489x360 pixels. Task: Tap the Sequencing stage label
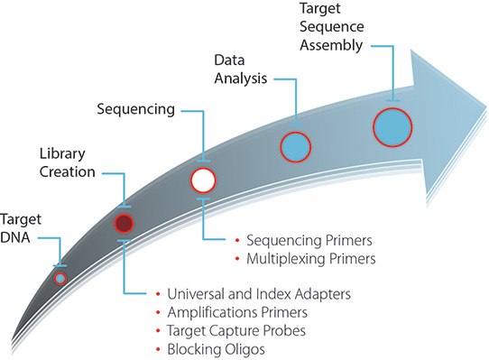(x=135, y=109)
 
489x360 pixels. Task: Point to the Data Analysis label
(x=241, y=69)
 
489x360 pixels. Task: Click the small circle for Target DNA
(x=60, y=278)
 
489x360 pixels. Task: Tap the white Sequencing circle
(x=204, y=180)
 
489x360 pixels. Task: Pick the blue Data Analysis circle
(x=296, y=145)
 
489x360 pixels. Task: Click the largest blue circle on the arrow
(x=393, y=126)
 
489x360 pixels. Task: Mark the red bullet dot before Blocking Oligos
(x=158, y=349)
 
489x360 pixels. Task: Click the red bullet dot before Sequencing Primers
(x=236, y=242)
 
